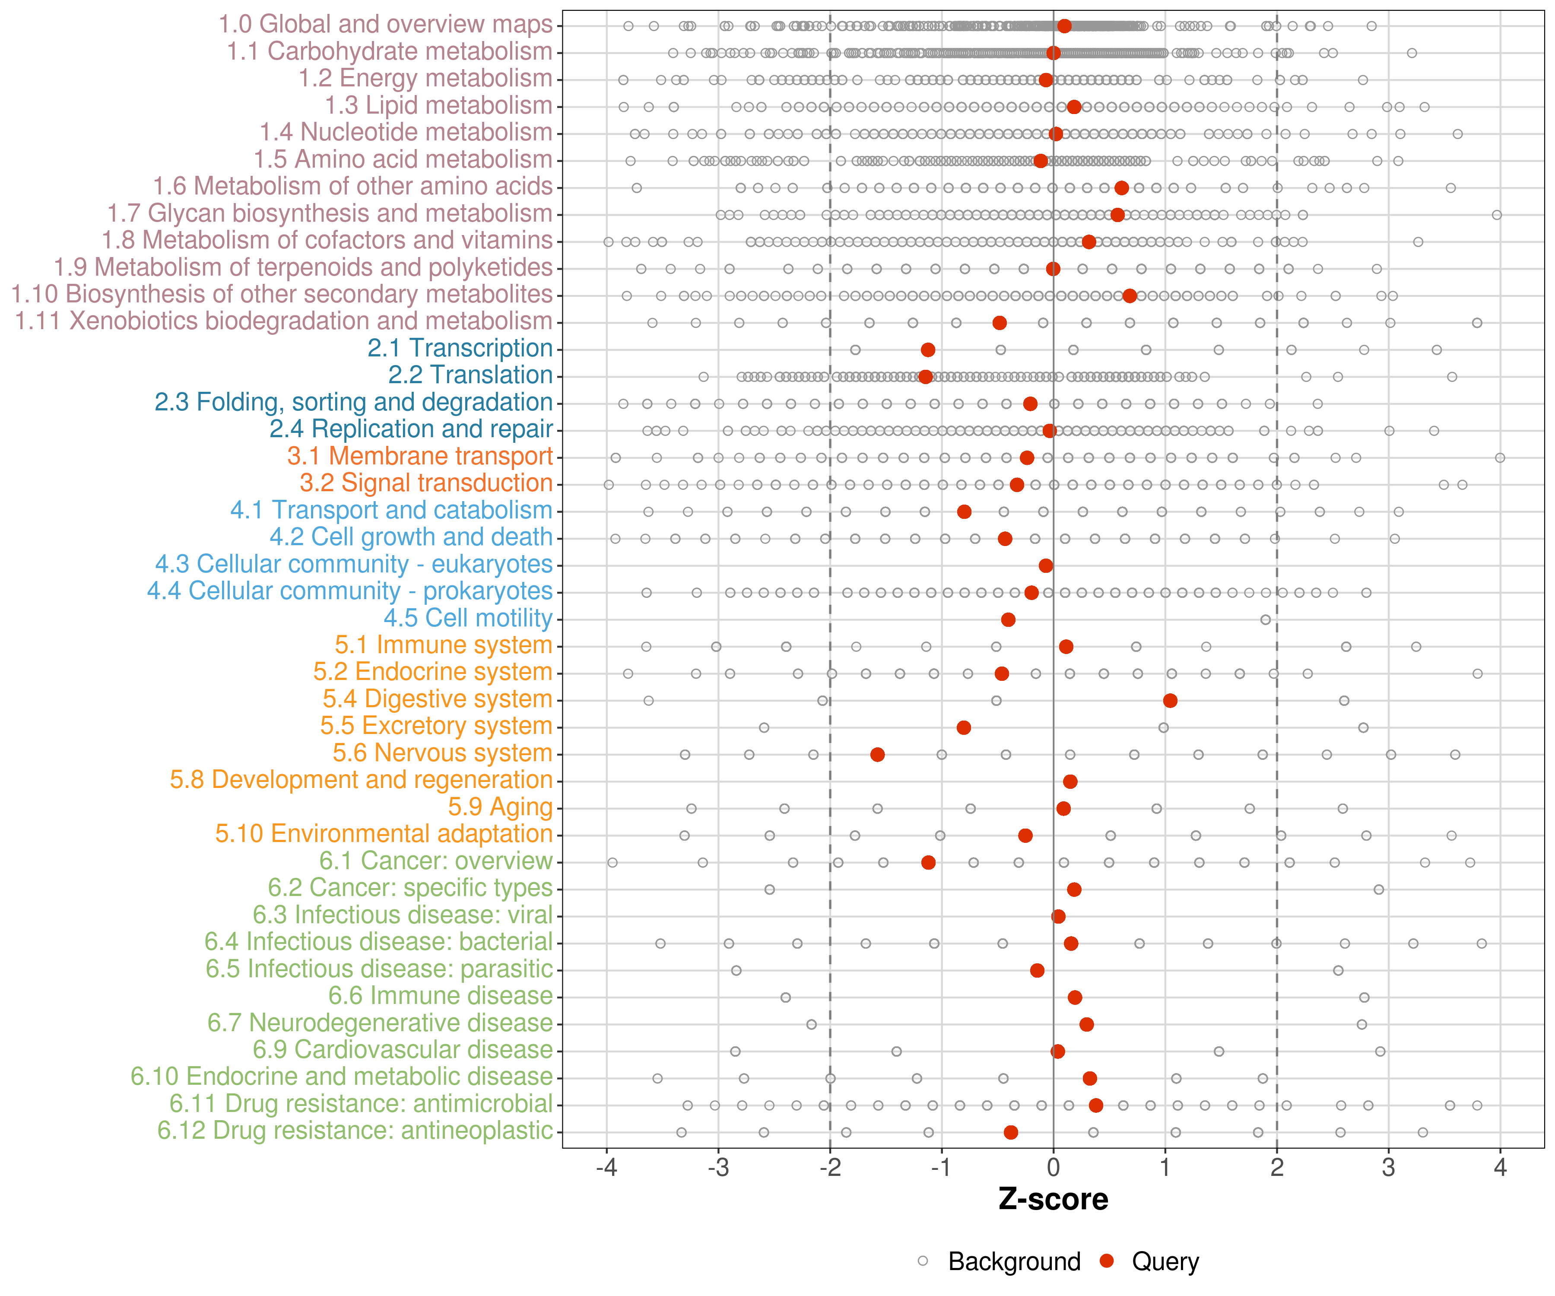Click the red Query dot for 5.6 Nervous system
pos(877,755)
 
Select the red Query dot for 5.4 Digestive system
pos(1170,701)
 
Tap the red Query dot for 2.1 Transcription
pos(928,349)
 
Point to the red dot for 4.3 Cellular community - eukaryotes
pos(1046,566)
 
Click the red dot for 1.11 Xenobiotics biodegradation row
pos(1000,323)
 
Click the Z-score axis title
pos(1053,1200)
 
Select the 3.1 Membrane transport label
pos(420,456)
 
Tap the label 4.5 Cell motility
pos(468,618)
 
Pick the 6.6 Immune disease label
pos(441,996)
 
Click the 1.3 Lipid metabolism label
pos(438,105)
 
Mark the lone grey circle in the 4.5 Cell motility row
pos(1266,620)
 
